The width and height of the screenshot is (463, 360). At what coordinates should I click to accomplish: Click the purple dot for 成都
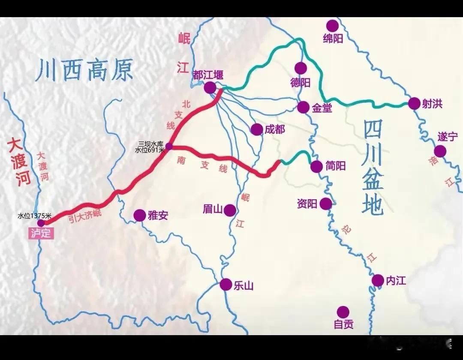[x=257, y=129]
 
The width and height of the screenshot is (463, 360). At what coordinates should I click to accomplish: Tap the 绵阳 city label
[x=333, y=39]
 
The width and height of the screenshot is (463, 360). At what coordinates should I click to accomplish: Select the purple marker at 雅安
[x=140, y=216]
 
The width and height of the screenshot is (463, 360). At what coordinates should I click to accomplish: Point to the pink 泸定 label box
[x=42, y=234]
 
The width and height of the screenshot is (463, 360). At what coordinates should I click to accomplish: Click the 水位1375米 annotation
[x=34, y=216]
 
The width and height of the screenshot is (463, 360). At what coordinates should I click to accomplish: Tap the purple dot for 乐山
[x=226, y=285]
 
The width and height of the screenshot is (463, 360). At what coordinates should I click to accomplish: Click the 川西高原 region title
[x=84, y=71]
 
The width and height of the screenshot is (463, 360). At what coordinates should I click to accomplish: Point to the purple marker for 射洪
[x=414, y=103]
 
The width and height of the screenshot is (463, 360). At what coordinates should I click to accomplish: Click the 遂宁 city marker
[x=440, y=151]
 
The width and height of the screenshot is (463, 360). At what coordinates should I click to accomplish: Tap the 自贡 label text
[x=344, y=324]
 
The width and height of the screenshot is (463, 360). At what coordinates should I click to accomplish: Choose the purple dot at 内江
[x=378, y=280]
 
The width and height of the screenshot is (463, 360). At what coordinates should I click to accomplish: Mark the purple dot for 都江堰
[x=210, y=88]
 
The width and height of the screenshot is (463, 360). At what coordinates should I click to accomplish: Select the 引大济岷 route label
[x=86, y=214]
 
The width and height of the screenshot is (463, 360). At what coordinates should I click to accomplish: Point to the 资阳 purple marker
[x=326, y=204]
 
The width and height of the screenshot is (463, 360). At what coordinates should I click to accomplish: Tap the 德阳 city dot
[x=301, y=68]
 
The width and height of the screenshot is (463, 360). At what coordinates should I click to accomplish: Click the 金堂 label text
[x=322, y=108]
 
